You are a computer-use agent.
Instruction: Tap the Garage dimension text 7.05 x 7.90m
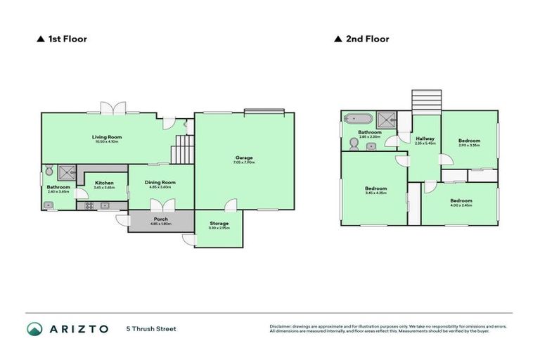(x=244, y=162)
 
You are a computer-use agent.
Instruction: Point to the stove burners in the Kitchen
(x=89, y=205)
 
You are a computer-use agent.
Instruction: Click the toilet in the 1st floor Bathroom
(x=49, y=170)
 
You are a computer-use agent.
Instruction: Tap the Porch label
(x=160, y=219)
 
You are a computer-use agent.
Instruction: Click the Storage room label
(x=219, y=224)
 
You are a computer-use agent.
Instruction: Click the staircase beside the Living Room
(x=182, y=149)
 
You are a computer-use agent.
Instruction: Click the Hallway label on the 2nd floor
(x=425, y=139)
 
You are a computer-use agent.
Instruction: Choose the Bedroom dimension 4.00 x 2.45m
(x=461, y=205)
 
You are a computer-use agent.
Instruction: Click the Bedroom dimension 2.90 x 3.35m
(x=469, y=146)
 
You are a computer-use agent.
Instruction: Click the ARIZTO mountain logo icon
(x=34, y=329)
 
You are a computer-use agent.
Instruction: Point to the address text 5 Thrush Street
(x=151, y=329)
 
